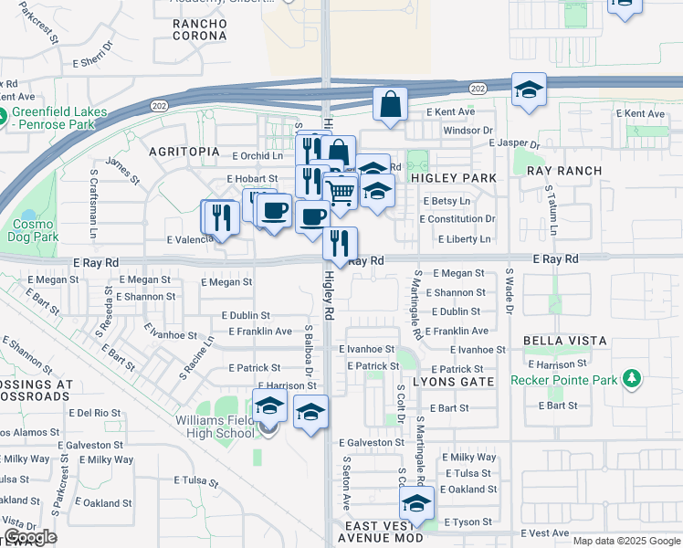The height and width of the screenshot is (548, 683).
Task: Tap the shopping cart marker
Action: point(340,191)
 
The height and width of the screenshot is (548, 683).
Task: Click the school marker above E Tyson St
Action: point(416,503)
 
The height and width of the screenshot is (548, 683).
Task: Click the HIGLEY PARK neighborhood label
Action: point(453,178)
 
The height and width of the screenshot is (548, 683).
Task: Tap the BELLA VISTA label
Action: point(565,340)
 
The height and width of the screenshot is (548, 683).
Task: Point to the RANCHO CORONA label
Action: point(200,28)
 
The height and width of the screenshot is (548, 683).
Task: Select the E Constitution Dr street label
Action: point(457,219)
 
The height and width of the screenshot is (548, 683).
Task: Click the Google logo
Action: point(30,537)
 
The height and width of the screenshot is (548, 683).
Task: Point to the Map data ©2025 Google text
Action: point(626,541)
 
